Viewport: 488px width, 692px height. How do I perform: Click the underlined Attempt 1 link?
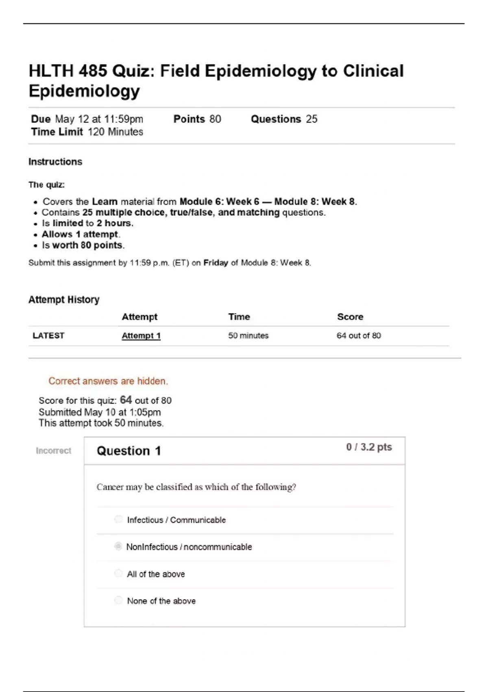coord(141,336)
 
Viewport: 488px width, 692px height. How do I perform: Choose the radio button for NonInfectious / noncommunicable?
coord(118,546)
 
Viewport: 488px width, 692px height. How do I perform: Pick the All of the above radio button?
coord(118,573)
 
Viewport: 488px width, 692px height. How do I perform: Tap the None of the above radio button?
coord(118,600)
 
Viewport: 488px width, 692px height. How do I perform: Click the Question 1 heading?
coord(129,451)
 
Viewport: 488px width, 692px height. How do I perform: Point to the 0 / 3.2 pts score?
coord(369,447)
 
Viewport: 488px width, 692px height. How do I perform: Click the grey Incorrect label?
coord(53,451)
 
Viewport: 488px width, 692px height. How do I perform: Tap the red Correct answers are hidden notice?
coord(108,381)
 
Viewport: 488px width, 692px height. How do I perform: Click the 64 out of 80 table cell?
coord(359,336)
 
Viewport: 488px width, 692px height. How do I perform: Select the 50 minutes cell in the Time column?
coord(248,336)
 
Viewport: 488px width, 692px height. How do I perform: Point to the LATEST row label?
coord(48,336)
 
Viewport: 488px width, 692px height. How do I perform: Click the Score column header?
coord(350,317)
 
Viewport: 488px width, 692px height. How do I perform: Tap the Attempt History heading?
coord(64,300)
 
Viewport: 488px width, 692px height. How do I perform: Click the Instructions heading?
coord(55,162)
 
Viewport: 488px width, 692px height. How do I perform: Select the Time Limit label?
coord(57,132)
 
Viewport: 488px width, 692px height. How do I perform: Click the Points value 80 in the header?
coord(215,119)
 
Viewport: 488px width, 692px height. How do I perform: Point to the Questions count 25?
coord(312,119)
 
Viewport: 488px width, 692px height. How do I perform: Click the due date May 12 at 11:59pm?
coord(99,119)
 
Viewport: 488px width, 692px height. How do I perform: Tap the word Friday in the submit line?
coord(216,263)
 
